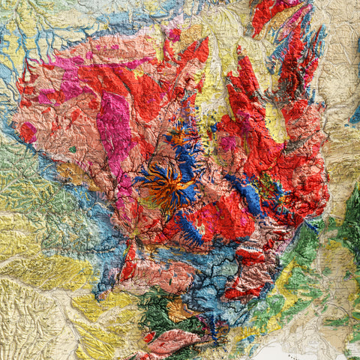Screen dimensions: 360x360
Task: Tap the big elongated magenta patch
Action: [x=113, y=131]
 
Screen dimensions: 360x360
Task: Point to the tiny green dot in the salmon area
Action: [x=73, y=148]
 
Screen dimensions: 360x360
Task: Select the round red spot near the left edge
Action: [x=28, y=132]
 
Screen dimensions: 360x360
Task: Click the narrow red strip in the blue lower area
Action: [x=129, y=262]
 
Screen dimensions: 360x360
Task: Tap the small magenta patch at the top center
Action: [x=174, y=34]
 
